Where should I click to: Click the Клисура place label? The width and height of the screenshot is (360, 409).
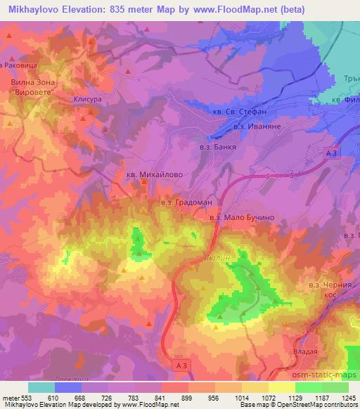(x=88, y=100)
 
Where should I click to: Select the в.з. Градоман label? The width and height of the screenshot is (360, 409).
(x=181, y=203)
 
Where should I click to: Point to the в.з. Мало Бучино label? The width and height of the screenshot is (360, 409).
(x=242, y=218)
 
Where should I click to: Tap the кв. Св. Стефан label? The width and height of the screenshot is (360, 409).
(x=240, y=111)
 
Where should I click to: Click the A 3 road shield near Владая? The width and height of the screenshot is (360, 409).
(x=181, y=364)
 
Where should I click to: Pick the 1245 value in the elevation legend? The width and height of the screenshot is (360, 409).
(x=347, y=397)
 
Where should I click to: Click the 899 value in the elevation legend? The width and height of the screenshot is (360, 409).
(x=187, y=397)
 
